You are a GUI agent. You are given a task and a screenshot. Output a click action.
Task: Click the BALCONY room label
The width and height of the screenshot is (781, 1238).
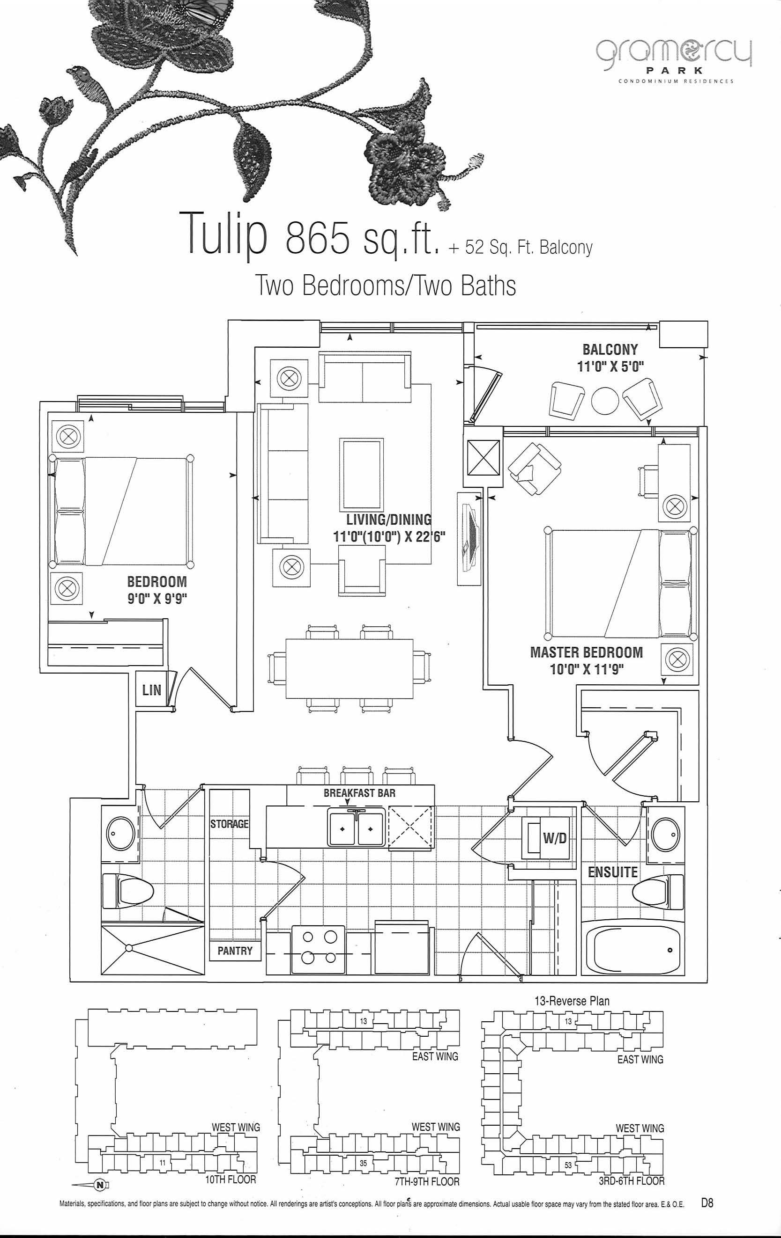pyautogui.click(x=610, y=350)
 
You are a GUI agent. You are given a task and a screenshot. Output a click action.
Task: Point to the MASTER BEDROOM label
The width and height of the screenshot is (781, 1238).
pyautogui.click(x=587, y=652)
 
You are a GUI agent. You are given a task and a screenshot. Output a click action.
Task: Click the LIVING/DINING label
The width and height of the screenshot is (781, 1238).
pyautogui.click(x=388, y=520)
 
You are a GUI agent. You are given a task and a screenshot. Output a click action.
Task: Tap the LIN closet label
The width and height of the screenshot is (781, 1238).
pyautogui.click(x=152, y=690)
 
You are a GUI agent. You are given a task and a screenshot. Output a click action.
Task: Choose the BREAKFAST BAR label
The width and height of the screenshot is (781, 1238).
pyautogui.click(x=360, y=793)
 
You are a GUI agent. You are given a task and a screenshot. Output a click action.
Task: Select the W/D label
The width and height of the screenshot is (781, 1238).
pyautogui.click(x=555, y=839)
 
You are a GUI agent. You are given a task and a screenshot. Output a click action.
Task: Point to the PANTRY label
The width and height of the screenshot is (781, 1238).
pyautogui.click(x=235, y=951)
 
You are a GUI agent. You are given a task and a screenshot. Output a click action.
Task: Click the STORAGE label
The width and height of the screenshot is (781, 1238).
pyautogui.click(x=230, y=824)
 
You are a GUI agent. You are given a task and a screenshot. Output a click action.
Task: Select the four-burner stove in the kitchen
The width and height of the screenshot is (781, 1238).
pyautogui.click(x=318, y=949)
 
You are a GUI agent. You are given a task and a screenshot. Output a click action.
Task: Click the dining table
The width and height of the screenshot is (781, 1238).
pyautogui.click(x=350, y=668)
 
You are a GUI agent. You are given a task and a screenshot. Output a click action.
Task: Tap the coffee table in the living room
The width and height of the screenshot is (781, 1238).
pyautogui.click(x=361, y=474)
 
